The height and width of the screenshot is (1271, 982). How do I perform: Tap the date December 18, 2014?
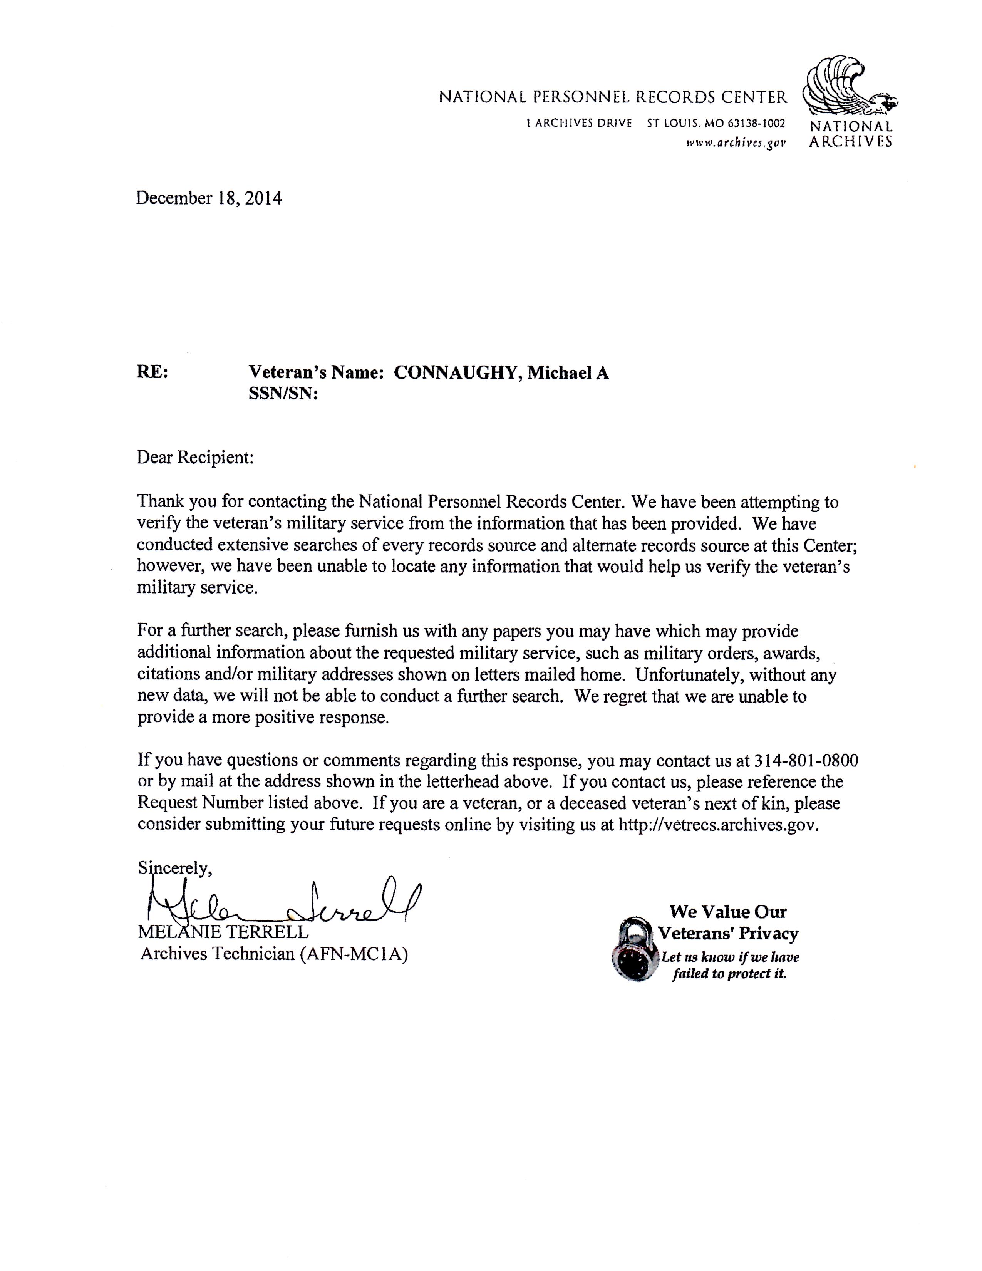pos(209,198)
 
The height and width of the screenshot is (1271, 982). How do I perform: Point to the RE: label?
pos(152,372)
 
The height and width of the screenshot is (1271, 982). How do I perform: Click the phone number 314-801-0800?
pos(806,760)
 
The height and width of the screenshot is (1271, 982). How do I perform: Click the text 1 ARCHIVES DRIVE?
pos(578,123)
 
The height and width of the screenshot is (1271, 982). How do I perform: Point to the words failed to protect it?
pos(729,974)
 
